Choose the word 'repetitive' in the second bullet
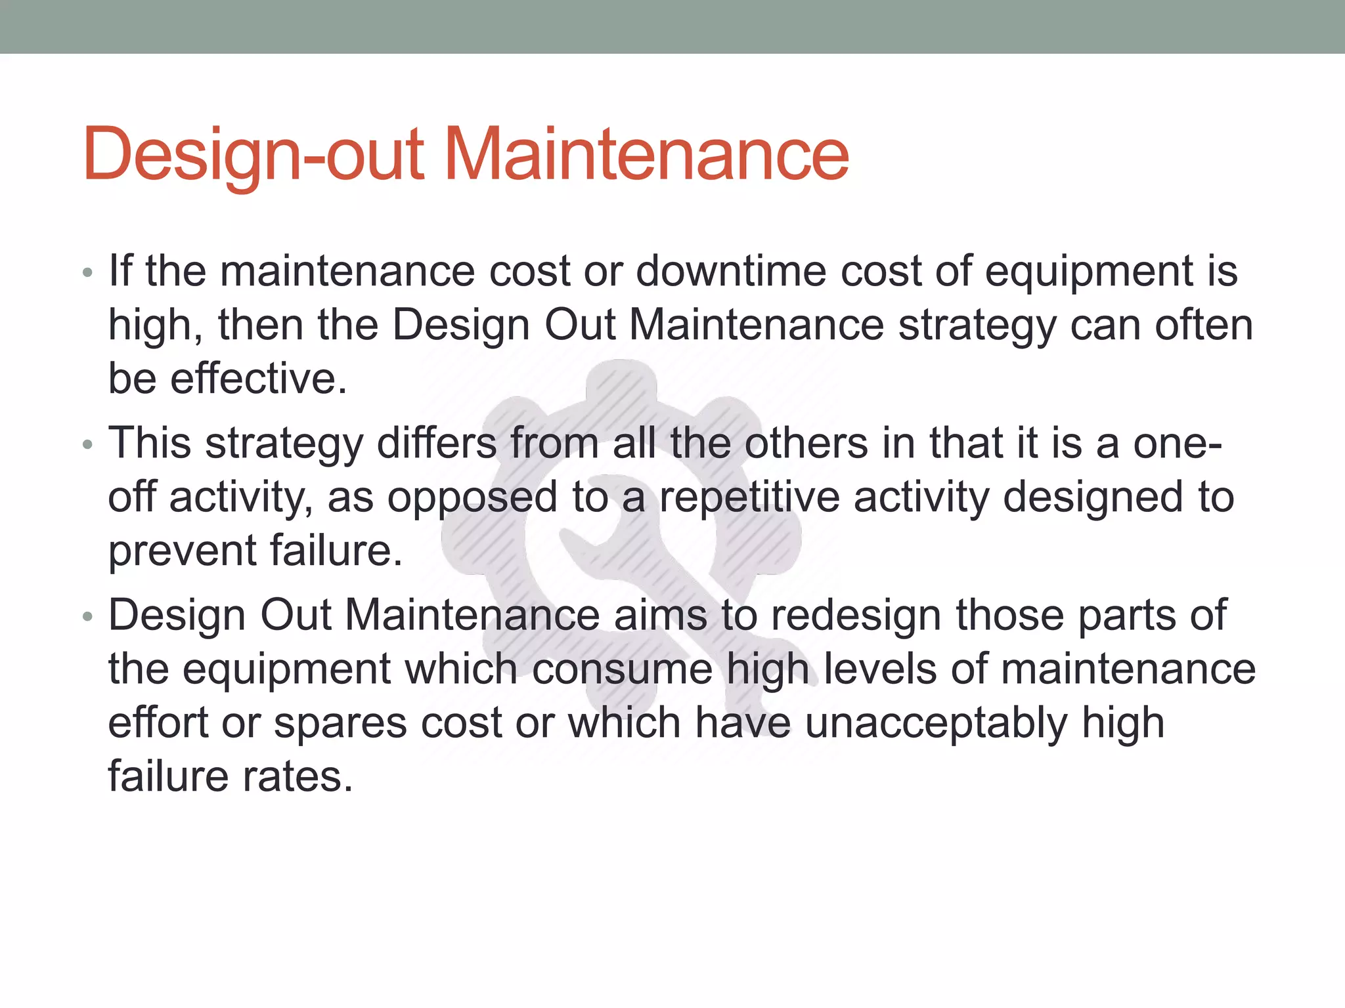pos(749,498)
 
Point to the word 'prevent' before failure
pos(182,551)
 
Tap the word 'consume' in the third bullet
pos(622,670)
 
